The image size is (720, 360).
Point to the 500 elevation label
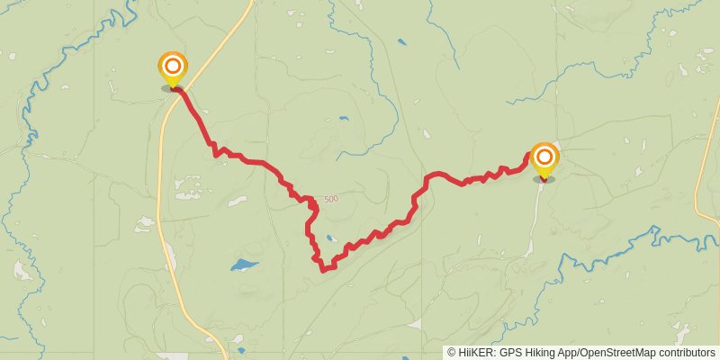click(331, 199)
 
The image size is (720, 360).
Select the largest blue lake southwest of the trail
click(243, 265)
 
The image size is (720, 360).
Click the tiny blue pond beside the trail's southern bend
click(331, 238)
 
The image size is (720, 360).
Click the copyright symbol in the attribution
click(452, 353)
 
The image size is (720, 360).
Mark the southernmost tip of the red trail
click(322, 268)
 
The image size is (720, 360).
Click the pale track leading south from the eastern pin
click(535, 216)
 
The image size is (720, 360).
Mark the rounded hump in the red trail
click(437, 174)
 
